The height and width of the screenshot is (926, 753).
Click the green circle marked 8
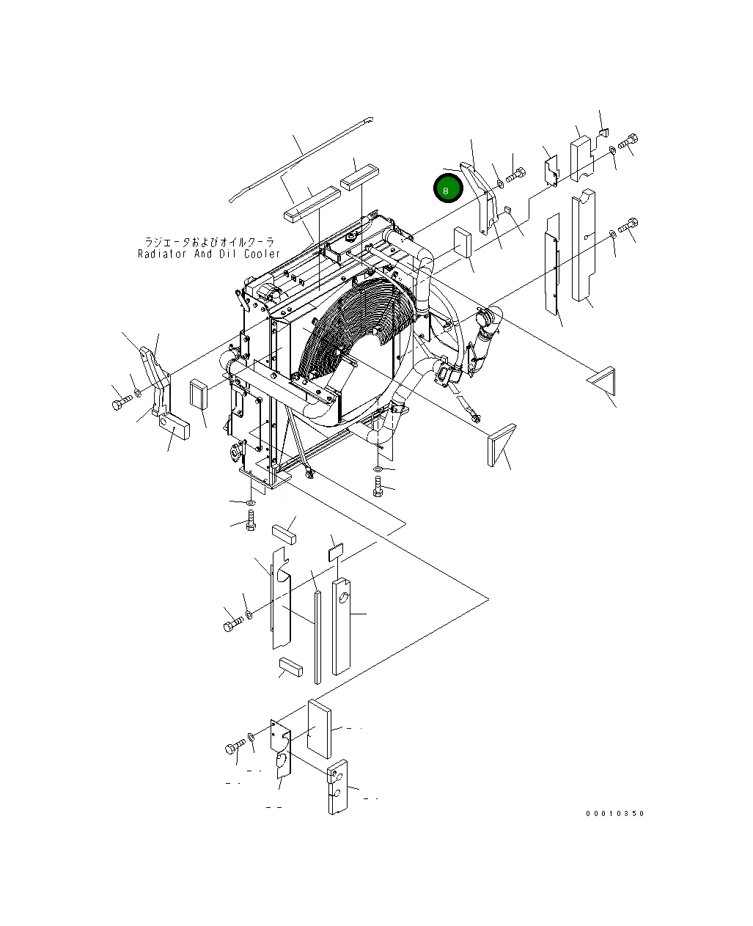(x=447, y=188)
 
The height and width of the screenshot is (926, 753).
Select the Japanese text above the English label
(x=209, y=241)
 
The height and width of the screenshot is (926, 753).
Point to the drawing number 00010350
(x=614, y=814)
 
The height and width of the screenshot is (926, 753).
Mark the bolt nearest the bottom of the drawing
(x=235, y=748)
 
